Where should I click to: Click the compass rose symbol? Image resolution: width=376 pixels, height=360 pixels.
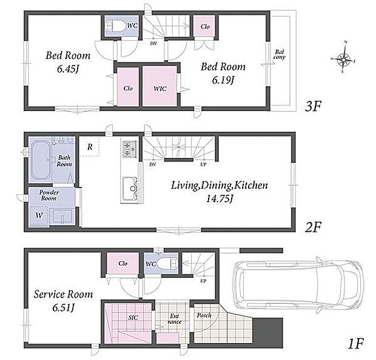[x=343, y=58]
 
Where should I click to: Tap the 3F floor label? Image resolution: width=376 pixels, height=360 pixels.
[x=313, y=106]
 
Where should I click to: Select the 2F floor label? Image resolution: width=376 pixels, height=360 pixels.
[x=313, y=227]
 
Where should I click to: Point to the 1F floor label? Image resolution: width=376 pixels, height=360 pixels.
[x=355, y=344]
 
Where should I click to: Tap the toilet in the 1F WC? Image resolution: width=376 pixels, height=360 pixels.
[x=168, y=263]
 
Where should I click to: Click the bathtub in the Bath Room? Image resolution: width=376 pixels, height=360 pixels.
[x=41, y=160]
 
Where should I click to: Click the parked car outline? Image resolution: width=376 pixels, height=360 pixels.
[x=299, y=285]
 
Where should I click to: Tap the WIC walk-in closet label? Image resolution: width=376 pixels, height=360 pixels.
[x=160, y=89]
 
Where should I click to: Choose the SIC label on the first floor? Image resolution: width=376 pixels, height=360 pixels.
[x=133, y=318]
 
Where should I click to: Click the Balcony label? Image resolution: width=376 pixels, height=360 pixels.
[x=280, y=55]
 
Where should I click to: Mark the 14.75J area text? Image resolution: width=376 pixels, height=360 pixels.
[x=220, y=199]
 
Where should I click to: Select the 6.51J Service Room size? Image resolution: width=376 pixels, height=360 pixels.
[x=63, y=308]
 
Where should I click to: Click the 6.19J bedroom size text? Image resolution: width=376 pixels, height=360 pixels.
[x=223, y=80]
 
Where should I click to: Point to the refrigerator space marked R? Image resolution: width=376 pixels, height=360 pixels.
[x=90, y=147]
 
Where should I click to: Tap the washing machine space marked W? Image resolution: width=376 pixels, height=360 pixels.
[x=39, y=216]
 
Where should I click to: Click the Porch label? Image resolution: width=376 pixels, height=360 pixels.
[x=204, y=315]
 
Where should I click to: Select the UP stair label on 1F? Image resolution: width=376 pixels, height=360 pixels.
[x=203, y=281]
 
